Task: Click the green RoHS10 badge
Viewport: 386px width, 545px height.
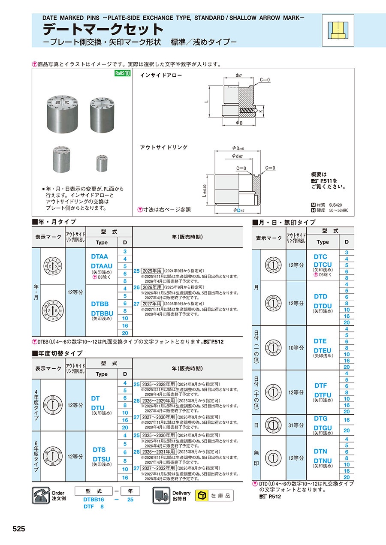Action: click(122, 73)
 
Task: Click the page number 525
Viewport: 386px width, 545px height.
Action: click(18, 529)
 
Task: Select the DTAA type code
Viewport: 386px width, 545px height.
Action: click(100, 256)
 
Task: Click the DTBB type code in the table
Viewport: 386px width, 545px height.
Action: click(100, 304)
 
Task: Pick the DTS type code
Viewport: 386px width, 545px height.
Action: click(99, 449)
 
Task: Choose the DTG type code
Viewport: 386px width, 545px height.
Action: click(320, 418)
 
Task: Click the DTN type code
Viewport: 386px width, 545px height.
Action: click(320, 451)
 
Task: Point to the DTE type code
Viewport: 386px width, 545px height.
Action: click(320, 341)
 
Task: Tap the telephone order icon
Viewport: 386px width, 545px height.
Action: click(41, 496)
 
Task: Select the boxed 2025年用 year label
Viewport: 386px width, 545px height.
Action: click(153, 271)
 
